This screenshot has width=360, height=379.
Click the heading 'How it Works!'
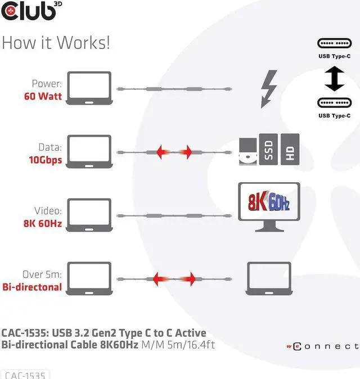point(56,43)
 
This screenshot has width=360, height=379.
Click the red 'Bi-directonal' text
point(33,287)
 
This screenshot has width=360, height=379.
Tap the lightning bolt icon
point(269,89)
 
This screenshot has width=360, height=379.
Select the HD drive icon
point(290,150)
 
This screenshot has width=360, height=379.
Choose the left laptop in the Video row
point(89,216)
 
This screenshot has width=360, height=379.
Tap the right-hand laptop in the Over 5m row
point(269,279)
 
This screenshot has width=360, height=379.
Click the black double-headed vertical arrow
point(334,79)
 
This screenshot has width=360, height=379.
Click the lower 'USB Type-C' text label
point(334,116)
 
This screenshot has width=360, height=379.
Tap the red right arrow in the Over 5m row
point(191,278)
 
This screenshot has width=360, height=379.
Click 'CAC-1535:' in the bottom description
point(25,333)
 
